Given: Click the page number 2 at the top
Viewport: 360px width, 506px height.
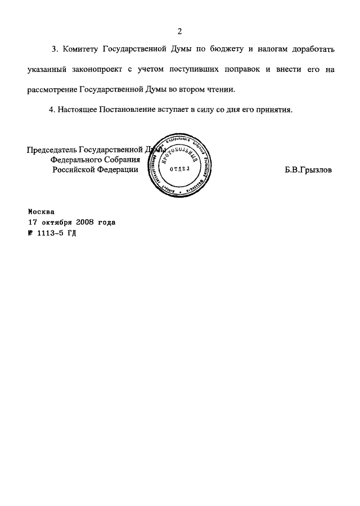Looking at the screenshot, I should [x=180, y=31].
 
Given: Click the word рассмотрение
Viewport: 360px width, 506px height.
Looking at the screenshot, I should [x=52, y=90].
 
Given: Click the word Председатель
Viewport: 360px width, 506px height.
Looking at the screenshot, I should [x=52, y=150].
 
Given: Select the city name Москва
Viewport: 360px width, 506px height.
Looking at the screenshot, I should [x=41, y=213].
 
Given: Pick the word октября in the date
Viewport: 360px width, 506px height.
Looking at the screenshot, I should [x=55, y=222].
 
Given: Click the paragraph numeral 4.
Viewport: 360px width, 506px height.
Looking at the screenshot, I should [x=52, y=110].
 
